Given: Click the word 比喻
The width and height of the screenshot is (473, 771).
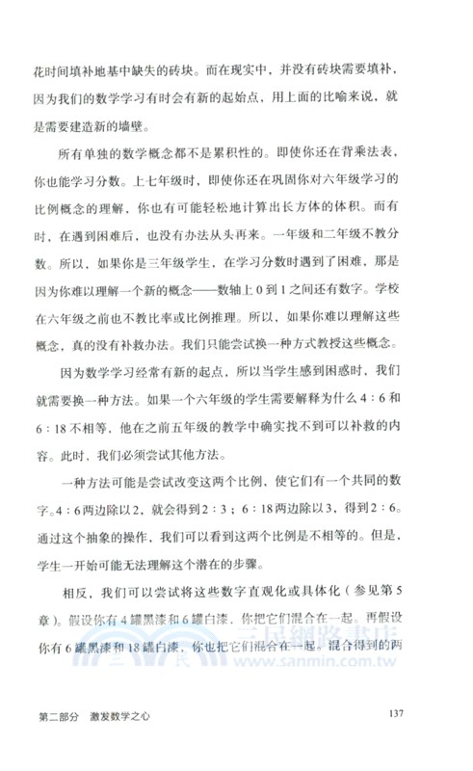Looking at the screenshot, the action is pos(324,97).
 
